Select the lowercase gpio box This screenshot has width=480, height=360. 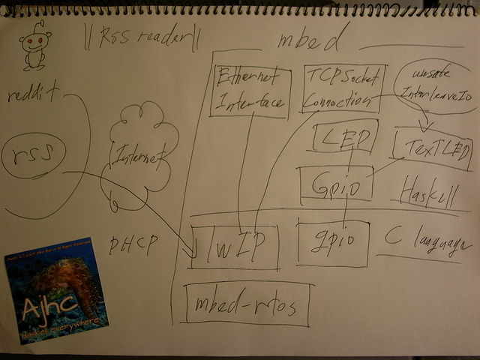click(333, 241)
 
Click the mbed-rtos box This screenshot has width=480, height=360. click(246, 304)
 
